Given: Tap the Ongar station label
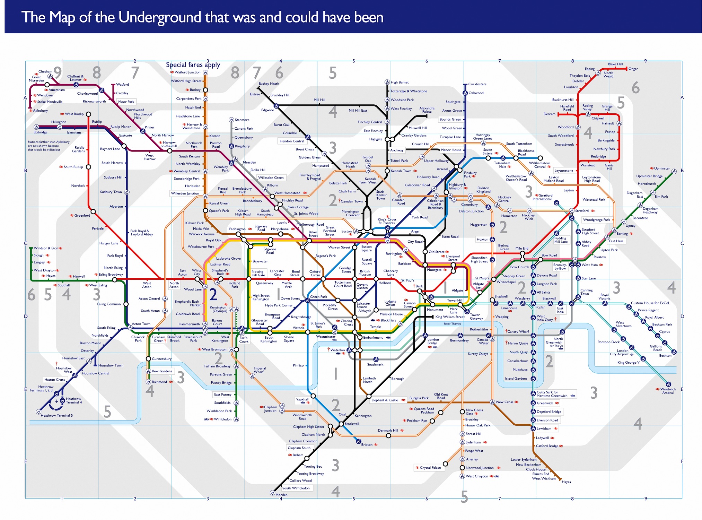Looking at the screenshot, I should [x=633, y=69].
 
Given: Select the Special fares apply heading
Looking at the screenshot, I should [x=193, y=65].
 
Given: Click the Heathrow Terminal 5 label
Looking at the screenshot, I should [x=56, y=415].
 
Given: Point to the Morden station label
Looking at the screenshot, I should [x=281, y=495].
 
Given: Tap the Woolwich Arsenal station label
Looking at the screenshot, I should [x=668, y=391].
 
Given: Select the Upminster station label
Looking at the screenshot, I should [x=661, y=168].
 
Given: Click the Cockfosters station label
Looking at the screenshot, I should [x=477, y=84].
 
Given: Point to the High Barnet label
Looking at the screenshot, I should [x=400, y=83].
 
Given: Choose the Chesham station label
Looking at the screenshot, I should [x=45, y=71].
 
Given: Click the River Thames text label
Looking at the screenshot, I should [x=452, y=324].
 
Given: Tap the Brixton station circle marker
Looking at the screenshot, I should [x=358, y=442].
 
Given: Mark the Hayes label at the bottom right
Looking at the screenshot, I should [x=566, y=482].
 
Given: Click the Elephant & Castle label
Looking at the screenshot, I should [x=385, y=400].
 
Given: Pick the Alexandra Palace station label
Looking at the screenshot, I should [x=427, y=110].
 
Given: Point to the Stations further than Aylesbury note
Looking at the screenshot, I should [x=49, y=146].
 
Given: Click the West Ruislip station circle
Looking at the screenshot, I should [x=88, y=114].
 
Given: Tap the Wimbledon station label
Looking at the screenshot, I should [x=222, y=419].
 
